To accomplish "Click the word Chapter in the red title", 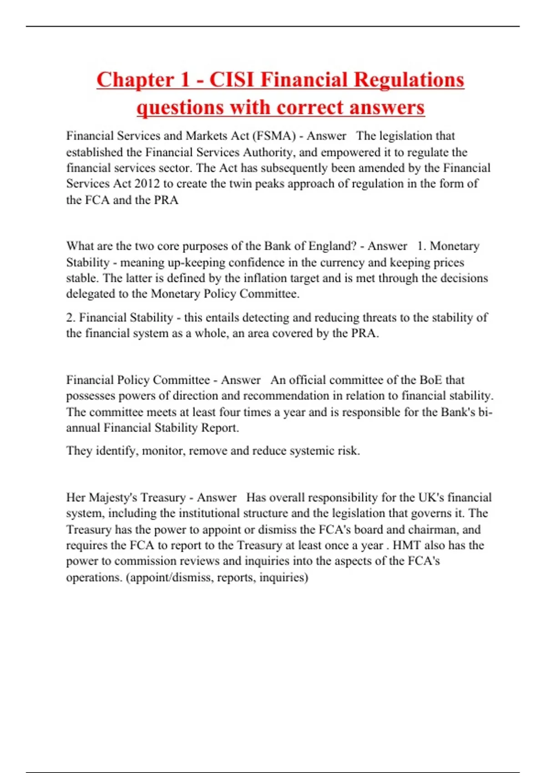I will tap(135, 80).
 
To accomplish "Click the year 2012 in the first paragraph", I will tap(147, 184).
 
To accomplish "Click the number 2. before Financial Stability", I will tap(71, 317).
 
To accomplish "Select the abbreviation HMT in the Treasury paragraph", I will tap(406, 545).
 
